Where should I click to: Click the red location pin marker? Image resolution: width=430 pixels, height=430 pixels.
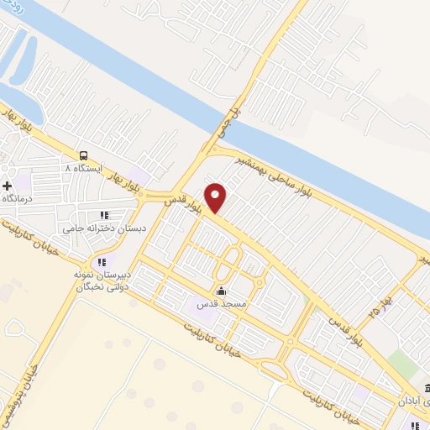[x=216, y=197]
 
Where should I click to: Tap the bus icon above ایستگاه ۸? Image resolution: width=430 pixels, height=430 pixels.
[x=83, y=155]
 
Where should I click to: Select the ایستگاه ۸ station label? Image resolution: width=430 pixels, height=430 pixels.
[x=82, y=169]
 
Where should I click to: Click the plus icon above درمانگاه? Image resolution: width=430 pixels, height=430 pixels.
[x=8, y=185]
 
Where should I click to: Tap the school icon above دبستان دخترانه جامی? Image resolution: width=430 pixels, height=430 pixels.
[x=104, y=215]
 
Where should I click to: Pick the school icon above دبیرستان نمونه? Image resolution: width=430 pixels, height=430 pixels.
[x=102, y=263]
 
